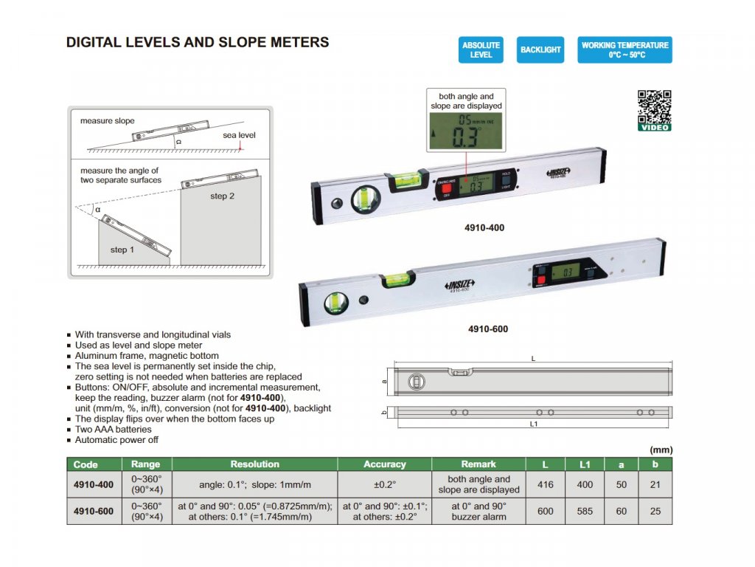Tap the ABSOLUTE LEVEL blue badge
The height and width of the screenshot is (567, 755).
pos(481,50)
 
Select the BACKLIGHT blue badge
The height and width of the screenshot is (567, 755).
pos(540,50)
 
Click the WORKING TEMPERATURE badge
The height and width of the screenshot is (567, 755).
pos(624,50)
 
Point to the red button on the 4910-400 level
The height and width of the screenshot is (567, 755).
pos(445,189)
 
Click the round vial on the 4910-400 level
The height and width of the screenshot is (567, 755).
pos(363,199)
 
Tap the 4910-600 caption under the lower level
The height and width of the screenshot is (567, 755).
pos(487,329)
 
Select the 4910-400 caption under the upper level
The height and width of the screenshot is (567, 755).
pos(484,228)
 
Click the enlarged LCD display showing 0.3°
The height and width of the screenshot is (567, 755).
pos(466,134)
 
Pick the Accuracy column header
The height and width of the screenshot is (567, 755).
pos(384,464)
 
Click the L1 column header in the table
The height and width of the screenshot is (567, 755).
pos(585,464)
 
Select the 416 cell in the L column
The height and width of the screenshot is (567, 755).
pos(546,484)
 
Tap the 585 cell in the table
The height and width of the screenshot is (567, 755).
pos(585,511)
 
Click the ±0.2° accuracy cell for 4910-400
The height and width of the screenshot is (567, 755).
pos(384,484)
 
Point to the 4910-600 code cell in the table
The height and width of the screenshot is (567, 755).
pos(94,511)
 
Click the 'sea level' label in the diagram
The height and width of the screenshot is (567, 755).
pos(239,136)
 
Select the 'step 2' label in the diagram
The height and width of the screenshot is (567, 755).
pos(223,196)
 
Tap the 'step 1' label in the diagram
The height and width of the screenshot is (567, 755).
pos(122,250)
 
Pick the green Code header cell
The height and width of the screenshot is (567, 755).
pos(86,464)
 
